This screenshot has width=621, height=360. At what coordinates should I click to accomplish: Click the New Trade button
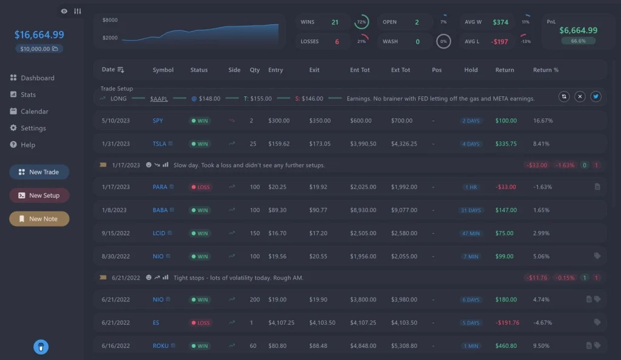[39, 172]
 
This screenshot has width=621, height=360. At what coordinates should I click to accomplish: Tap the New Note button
[39, 219]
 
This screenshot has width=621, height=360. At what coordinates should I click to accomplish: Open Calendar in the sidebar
[34, 112]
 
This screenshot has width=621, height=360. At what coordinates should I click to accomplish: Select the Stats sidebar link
[28, 95]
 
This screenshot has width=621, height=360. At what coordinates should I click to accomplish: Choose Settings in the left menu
[33, 128]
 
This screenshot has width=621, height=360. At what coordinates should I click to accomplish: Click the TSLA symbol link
[159, 144]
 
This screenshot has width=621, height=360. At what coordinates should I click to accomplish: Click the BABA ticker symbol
[160, 210]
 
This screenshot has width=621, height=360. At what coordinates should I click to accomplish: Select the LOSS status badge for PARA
[200, 187]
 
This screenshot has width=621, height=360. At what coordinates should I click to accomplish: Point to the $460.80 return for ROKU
[506, 346]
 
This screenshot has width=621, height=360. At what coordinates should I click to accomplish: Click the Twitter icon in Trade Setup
[596, 96]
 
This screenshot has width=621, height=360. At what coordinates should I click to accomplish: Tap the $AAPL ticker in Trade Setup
[159, 99]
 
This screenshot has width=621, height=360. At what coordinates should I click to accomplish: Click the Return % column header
[545, 70]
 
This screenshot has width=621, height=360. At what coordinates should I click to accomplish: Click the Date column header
[109, 70]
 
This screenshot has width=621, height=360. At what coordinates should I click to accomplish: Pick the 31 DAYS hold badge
[471, 210]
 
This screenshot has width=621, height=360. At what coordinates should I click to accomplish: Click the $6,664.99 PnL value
[578, 30]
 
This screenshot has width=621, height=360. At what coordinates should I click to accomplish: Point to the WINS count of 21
[335, 22]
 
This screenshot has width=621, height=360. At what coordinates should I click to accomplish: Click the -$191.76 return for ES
[507, 323]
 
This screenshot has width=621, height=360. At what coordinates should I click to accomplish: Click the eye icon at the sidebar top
[64, 11]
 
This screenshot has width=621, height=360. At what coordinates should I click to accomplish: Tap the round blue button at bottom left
[41, 347]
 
